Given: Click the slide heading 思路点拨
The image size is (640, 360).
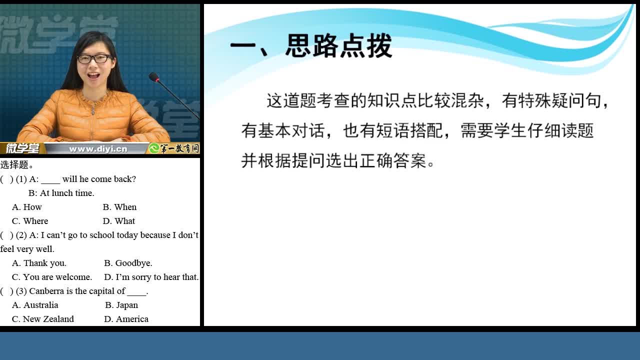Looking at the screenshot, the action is (x=338, y=45).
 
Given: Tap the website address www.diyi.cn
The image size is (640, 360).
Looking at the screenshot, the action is (x=98, y=149).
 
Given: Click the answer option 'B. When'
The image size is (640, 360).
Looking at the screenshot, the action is (x=119, y=207).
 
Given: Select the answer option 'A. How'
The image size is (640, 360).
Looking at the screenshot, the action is (x=27, y=207).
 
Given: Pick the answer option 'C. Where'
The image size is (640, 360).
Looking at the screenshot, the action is (x=30, y=221).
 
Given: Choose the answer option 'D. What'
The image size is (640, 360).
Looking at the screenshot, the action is (x=119, y=221).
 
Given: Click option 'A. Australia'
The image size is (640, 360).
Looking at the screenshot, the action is (x=35, y=305).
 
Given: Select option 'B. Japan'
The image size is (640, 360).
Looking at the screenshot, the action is (x=121, y=305).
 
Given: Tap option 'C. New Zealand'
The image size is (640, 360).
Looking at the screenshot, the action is (x=43, y=319).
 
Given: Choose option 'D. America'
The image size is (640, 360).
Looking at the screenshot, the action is (x=126, y=319).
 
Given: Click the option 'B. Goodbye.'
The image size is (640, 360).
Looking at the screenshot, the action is (x=128, y=263).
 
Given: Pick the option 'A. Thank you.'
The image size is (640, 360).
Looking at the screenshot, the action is (x=39, y=263).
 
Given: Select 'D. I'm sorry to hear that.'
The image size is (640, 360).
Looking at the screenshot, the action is (x=151, y=277).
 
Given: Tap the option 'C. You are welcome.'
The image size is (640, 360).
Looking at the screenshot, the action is (x=52, y=277).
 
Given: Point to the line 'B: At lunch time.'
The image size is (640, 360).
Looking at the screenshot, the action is (x=61, y=193).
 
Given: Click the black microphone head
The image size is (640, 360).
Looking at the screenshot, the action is (x=154, y=77).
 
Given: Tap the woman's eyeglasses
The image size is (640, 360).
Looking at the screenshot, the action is (x=94, y=59).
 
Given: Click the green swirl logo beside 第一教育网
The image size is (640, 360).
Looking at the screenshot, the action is (x=154, y=148).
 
